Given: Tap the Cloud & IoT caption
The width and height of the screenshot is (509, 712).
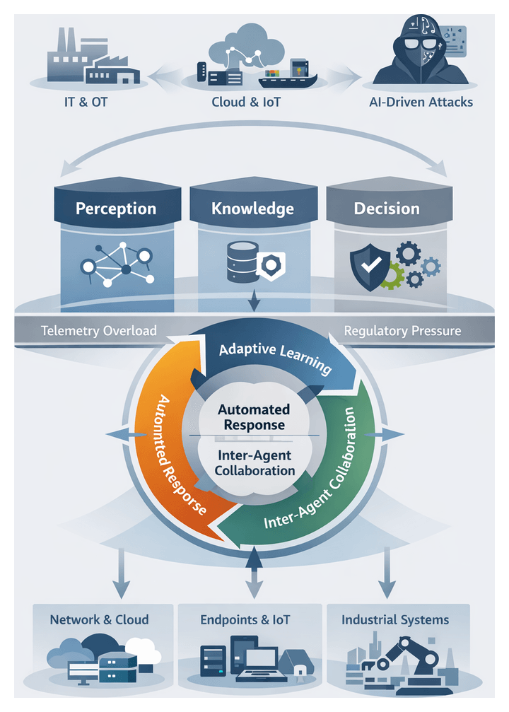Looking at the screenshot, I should (x=246, y=102).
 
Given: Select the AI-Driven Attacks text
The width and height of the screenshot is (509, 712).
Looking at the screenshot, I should (x=421, y=102).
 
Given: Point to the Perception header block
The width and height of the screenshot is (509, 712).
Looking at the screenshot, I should (x=116, y=209).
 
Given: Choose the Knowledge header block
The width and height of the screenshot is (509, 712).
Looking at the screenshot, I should (x=252, y=209).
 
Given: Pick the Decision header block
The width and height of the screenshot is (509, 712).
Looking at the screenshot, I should (x=386, y=209).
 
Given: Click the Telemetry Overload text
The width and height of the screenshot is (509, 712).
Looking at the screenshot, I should (x=99, y=330).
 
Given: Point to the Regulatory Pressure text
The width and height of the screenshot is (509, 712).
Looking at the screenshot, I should (x=402, y=330).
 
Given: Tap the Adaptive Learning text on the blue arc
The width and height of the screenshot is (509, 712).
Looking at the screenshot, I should (x=276, y=359).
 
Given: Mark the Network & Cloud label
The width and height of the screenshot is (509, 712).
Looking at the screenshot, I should (x=99, y=619).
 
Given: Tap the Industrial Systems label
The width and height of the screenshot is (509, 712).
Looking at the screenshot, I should (x=395, y=619).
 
